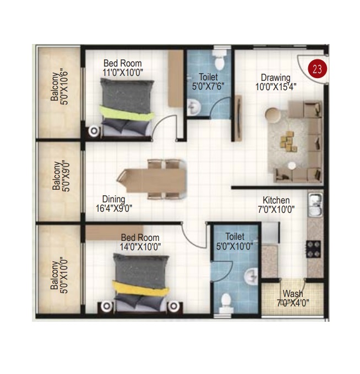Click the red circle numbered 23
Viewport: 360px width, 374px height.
(317, 69)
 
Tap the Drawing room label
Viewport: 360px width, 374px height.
(276, 82)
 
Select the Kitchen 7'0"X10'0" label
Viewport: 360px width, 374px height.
(276, 205)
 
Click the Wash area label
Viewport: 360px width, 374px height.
(293, 298)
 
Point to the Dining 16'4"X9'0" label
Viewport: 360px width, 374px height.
(114, 204)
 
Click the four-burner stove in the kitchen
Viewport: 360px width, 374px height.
(314, 249)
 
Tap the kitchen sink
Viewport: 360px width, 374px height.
(315, 204)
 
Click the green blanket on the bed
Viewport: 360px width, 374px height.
(127, 113)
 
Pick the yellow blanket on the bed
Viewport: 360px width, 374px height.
(141, 289)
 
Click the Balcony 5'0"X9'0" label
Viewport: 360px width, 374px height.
(61, 176)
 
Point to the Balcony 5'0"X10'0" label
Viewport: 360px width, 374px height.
(59, 276)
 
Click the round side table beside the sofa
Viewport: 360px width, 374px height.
(273, 116)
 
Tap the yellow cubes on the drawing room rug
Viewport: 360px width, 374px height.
(288, 141)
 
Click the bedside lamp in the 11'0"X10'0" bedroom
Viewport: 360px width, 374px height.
(94, 131)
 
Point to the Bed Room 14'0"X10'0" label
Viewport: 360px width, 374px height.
(140, 242)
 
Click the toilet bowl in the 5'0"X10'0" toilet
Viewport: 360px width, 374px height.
(226, 303)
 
